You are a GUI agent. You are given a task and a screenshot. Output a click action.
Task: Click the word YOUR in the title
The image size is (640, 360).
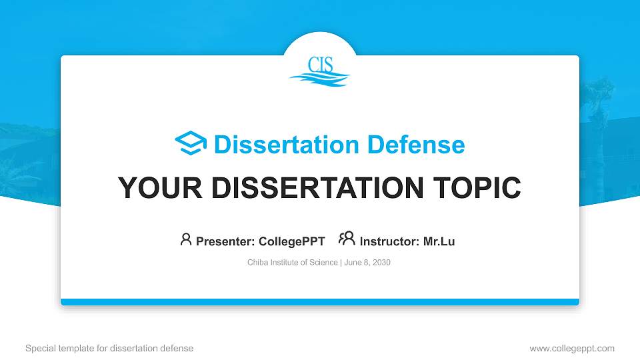(155, 188)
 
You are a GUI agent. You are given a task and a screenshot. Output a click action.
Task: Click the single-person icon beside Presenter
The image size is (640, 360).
(186, 239)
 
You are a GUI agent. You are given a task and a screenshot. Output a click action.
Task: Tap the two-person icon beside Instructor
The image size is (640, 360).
(347, 239)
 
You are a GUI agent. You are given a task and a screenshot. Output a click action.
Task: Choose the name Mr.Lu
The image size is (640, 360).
(439, 241)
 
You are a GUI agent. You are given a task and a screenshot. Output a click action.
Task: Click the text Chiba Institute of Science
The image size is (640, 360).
(293, 263)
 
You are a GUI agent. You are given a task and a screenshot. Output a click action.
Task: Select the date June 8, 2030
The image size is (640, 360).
(367, 263)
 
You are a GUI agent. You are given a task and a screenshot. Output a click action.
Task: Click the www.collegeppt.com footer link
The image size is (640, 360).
(571, 348)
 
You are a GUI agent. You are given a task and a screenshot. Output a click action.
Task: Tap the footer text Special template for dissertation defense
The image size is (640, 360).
(109, 348)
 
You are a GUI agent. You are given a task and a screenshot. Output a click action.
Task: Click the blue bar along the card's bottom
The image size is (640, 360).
(320, 302)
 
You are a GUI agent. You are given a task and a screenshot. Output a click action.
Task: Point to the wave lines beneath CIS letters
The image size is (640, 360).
(320, 79)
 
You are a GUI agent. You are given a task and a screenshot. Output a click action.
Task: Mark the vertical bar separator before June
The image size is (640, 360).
(341, 263)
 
